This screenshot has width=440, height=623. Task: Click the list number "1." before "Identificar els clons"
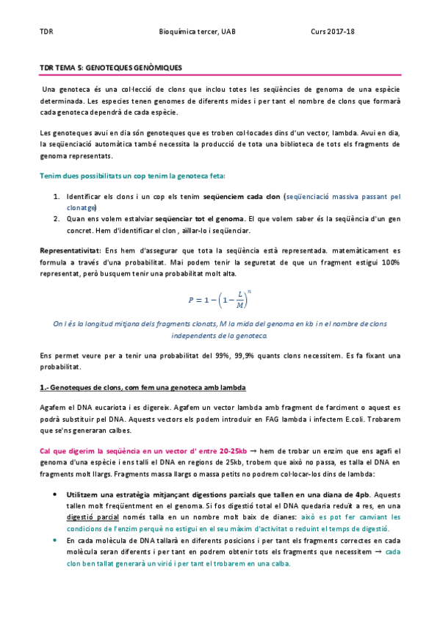point(57,197)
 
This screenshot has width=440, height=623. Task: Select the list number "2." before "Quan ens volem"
point(57,218)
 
